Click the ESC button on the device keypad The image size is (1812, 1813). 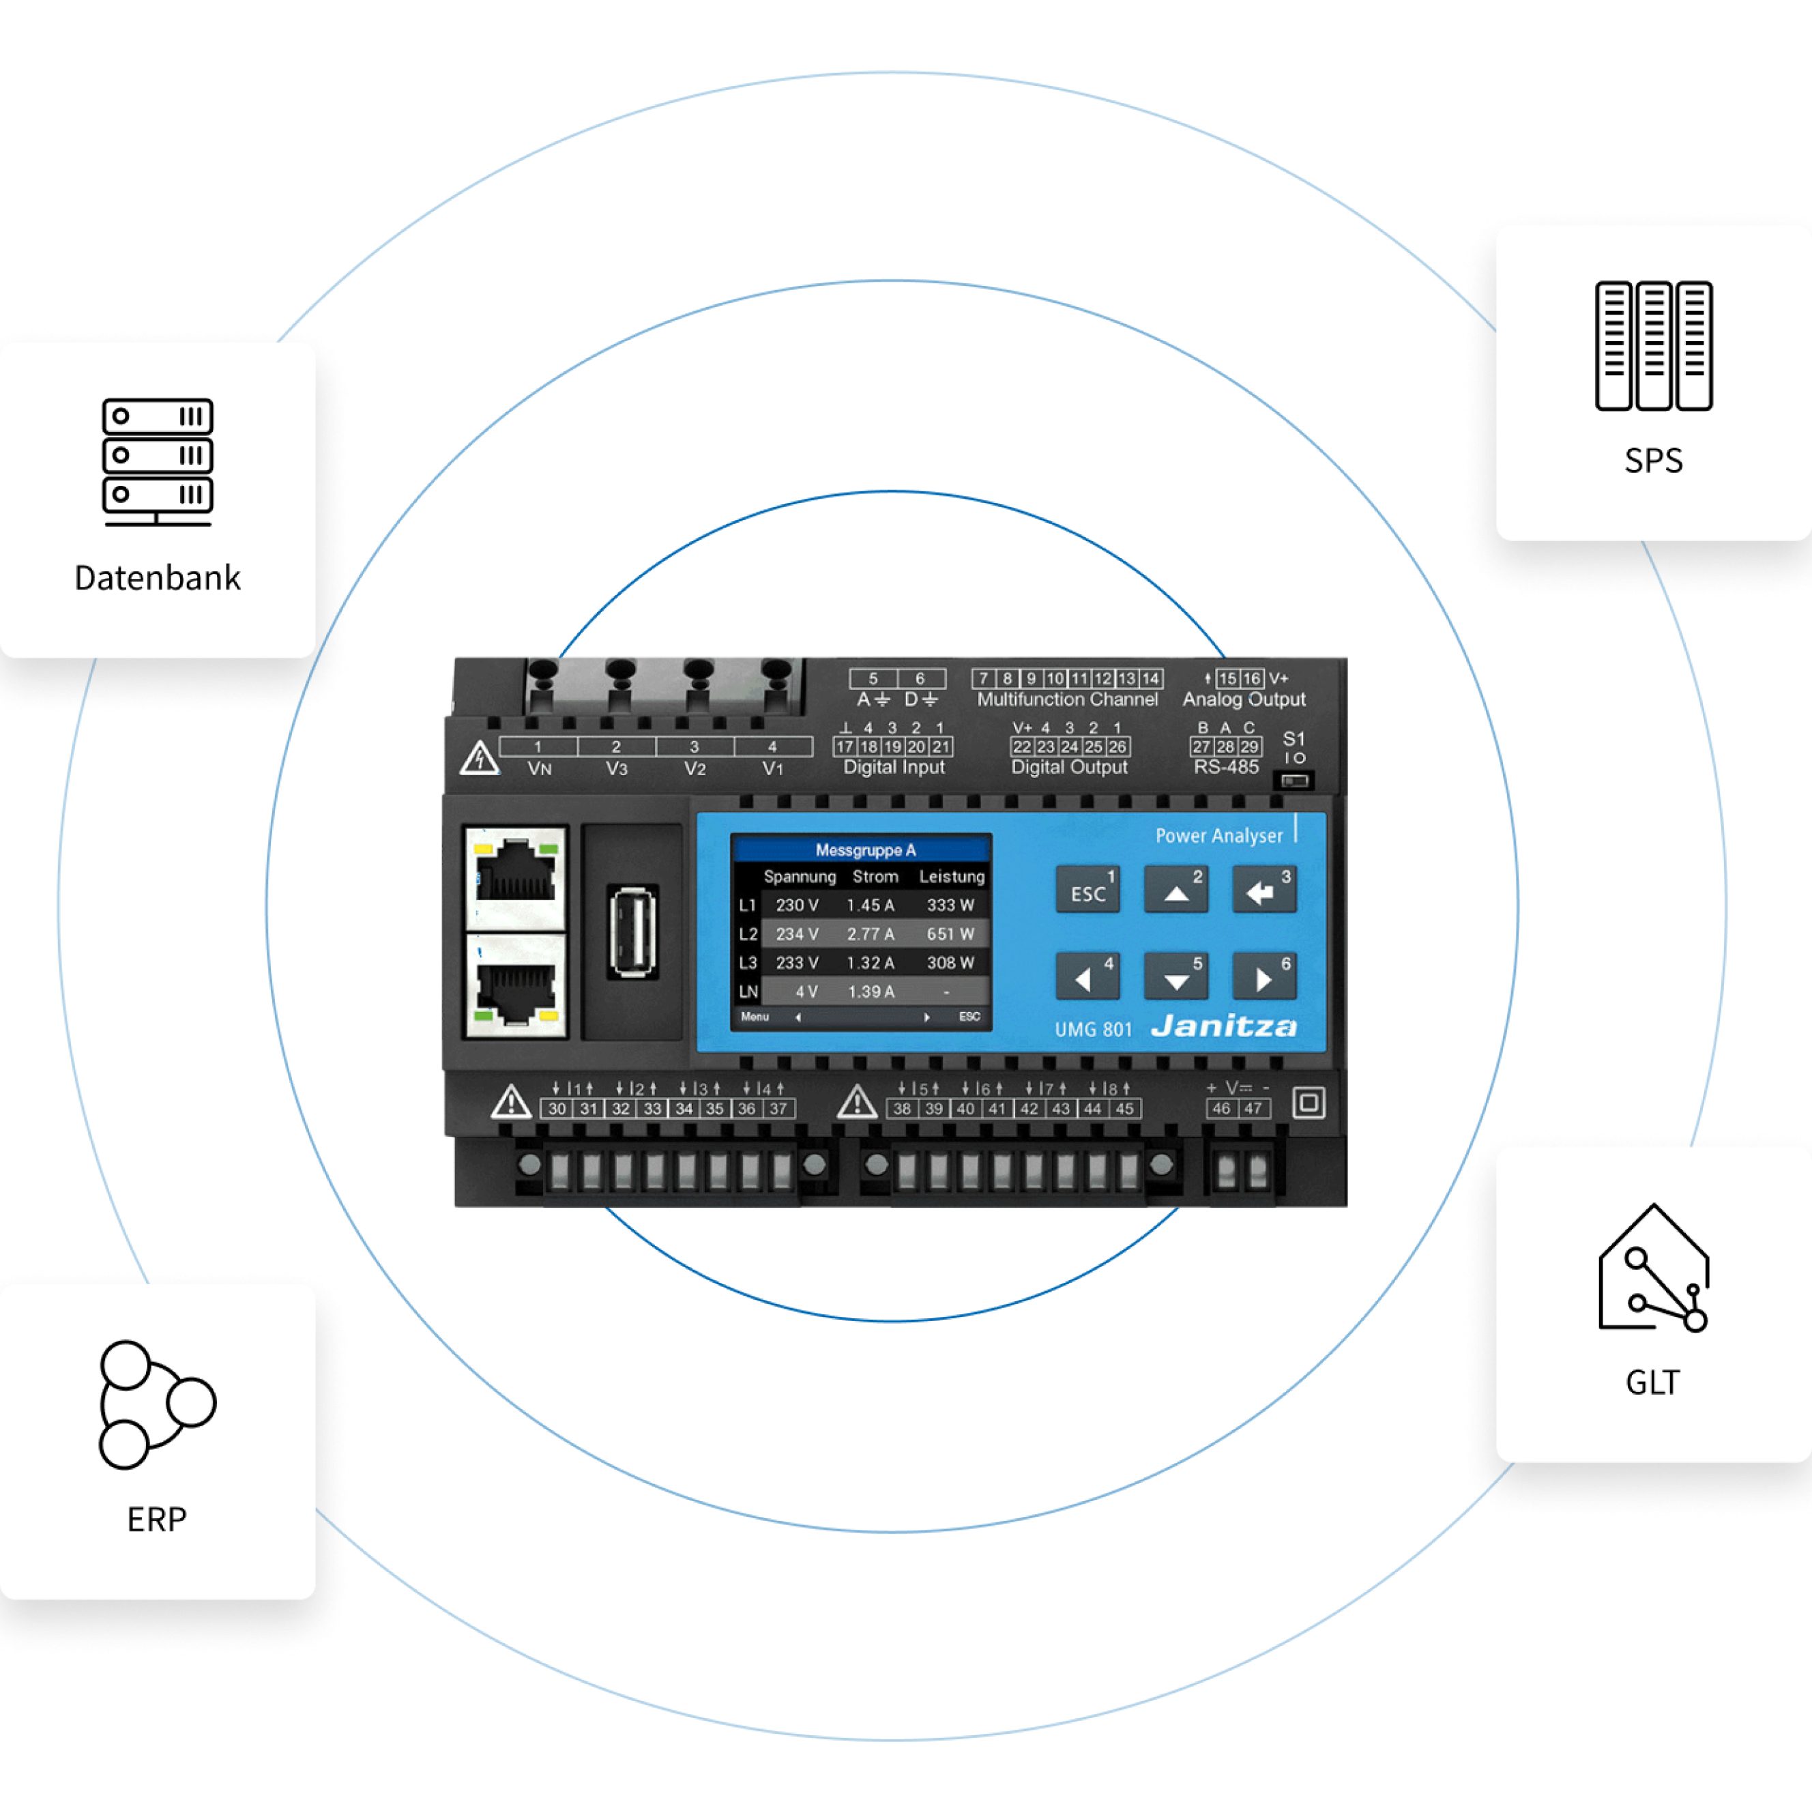[1087, 890]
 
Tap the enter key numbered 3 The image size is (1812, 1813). [1264, 890]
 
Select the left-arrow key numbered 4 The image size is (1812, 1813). [1087, 977]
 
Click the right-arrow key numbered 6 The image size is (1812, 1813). [1264, 977]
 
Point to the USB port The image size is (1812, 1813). [632, 932]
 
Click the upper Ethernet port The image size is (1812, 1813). [515, 878]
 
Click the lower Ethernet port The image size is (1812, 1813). [515, 986]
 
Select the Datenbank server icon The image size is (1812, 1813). [158, 462]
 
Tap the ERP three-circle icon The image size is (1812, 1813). [157, 1404]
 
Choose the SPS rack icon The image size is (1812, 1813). [1654, 345]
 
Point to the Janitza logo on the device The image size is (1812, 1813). [1225, 1027]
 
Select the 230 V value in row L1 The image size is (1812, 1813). [797, 905]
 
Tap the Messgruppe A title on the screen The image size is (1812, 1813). [864, 850]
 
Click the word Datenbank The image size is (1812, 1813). [158, 578]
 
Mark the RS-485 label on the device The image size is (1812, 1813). [1225, 768]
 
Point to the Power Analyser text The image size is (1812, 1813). [1218, 835]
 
